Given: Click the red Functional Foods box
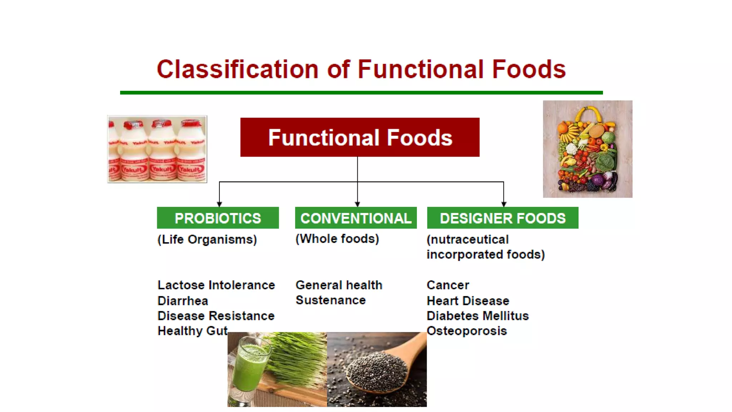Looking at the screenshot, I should tap(360, 137).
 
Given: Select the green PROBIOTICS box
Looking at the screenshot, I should tap(218, 218).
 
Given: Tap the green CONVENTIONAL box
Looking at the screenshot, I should tap(356, 218).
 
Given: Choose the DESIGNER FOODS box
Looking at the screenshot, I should tap(503, 218).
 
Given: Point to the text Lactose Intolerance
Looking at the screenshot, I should tap(216, 285).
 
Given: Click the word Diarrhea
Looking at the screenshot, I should tap(183, 301).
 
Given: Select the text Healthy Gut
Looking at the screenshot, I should tap(192, 331).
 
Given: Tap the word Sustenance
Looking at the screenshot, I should tap(331, 300).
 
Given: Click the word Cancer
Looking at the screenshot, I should tap(447, 285).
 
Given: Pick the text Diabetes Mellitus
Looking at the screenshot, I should tap(478, 316).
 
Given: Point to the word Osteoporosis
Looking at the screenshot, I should tap(466, 331).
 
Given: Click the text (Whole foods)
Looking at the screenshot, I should tap(337, 239).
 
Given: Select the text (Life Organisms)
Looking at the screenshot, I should tap(207, 239).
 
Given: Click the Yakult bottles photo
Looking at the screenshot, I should tap(157, 149).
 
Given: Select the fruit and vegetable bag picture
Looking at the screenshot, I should tap(587, 149).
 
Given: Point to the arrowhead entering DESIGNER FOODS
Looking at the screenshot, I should tap(504, 204).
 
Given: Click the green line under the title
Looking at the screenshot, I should tap(361, 93).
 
